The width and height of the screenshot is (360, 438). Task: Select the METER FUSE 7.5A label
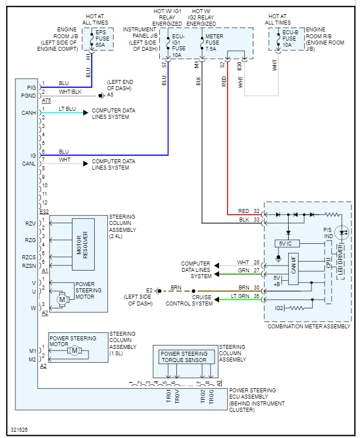tap(213, 42)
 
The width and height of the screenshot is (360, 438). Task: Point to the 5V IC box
tap(286, 243)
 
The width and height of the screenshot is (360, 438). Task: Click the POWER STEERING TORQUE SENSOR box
tap(184, 357)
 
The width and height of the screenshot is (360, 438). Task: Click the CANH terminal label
tap(29, 112)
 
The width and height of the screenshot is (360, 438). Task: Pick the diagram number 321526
tap(20, 429)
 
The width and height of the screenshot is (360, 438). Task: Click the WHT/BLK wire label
tap(70, 91)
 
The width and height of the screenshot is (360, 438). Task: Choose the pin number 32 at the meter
tap(257, 211)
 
